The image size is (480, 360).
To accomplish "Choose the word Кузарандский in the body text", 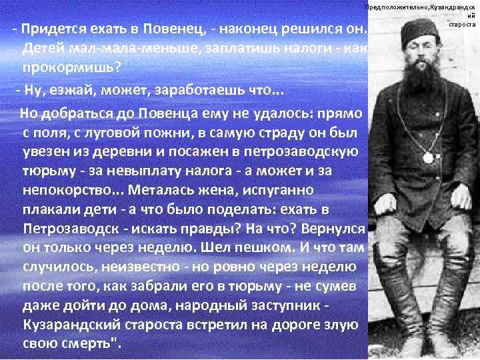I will click(76, 327).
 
